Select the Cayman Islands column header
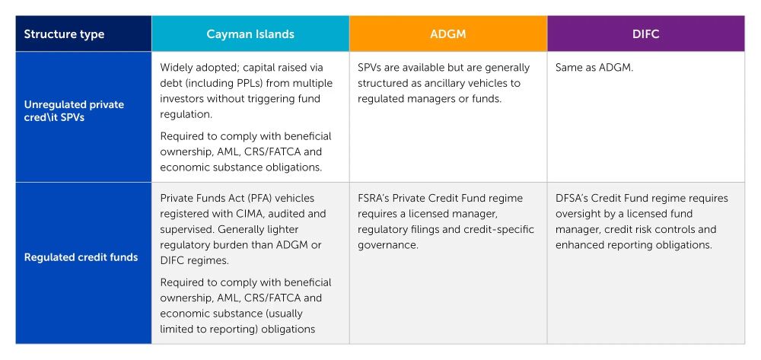pyautogui.click(x=250, y=34)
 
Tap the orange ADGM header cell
pyautogui.click(x=448, y=34)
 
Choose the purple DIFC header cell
pyautogui.click(x=646, y=34)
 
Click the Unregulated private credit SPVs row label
pyautogui.click(x=74, y=111)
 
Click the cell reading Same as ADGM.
pyautogui.click(x=594, y=68)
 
